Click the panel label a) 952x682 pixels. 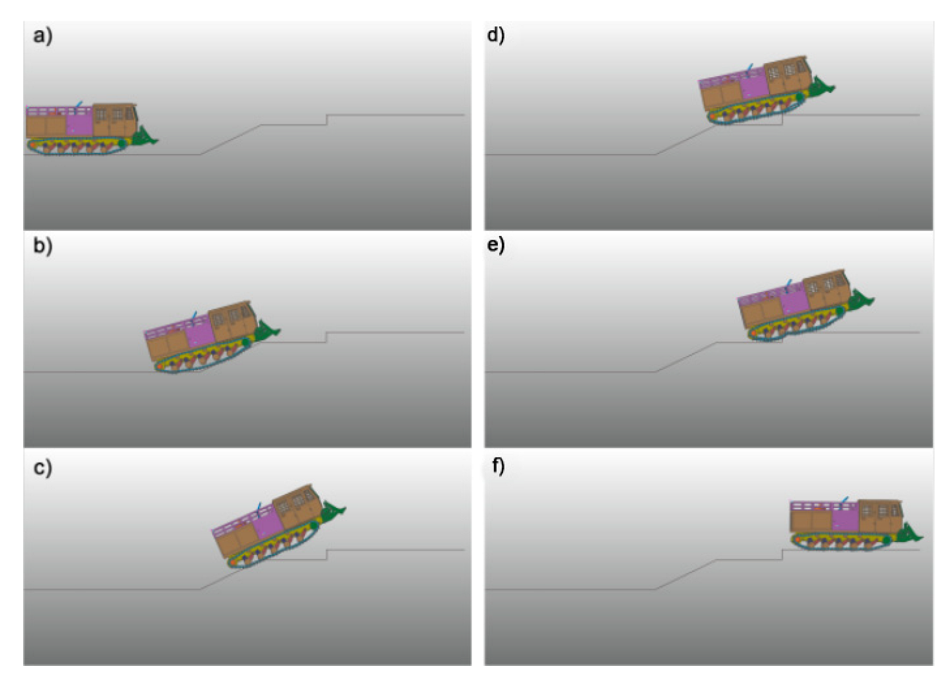coord(43,35)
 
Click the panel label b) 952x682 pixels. coord(43,246)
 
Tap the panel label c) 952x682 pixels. coord(43,468)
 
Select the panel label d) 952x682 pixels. coord(495,35)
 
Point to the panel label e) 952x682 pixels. coord(495,246)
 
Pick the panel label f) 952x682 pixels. coord(498,466)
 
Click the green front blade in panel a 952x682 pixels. coord(144,136)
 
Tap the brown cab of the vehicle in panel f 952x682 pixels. coord(880,516)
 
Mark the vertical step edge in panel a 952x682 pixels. coord(326,120)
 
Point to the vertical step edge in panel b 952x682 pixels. coord(326,337)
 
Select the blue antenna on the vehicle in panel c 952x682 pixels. coord(258,509)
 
